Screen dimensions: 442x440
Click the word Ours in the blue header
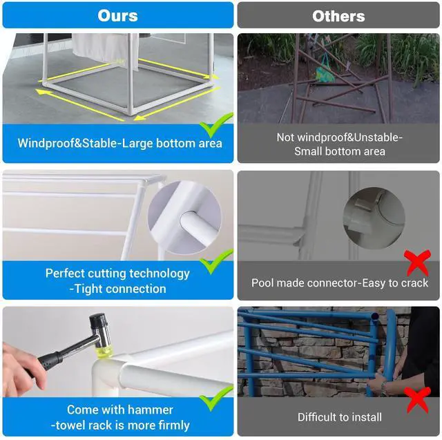(118, 15)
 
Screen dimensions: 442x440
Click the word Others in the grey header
(338, 16)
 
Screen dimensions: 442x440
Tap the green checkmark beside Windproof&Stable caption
(215, 125)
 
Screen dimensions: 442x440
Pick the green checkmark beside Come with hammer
(215, 399)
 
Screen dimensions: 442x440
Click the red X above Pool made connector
(417, 262)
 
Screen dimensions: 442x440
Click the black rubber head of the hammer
(97, 321)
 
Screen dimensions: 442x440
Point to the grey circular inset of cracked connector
(374, 218)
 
